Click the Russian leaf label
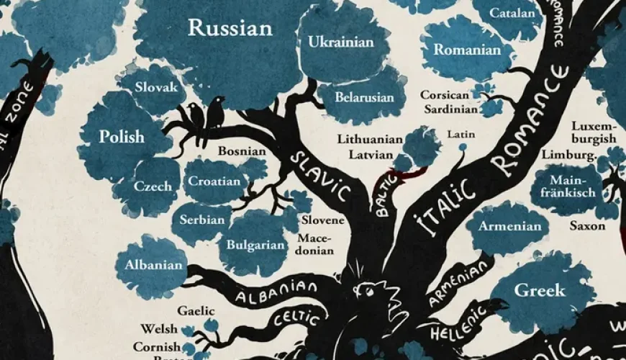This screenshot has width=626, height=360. [x=230, y=29]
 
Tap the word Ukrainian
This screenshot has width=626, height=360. [x=341, y=42]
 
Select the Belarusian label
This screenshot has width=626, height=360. [x=366, y=97]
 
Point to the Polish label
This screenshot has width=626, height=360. [x=122, y=136]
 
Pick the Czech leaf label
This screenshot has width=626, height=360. [x=153, y=186]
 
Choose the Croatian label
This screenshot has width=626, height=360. [x=214, y=181]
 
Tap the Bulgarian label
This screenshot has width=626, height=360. [x=256, y=245]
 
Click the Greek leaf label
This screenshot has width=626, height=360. [x=540, y=290]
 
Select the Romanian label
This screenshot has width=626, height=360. [x=466, y=50]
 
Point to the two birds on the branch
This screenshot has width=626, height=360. [x=205, y=114]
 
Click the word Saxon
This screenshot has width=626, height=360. [x=587, y=225]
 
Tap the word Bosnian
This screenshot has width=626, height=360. [x=242, y=151]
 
